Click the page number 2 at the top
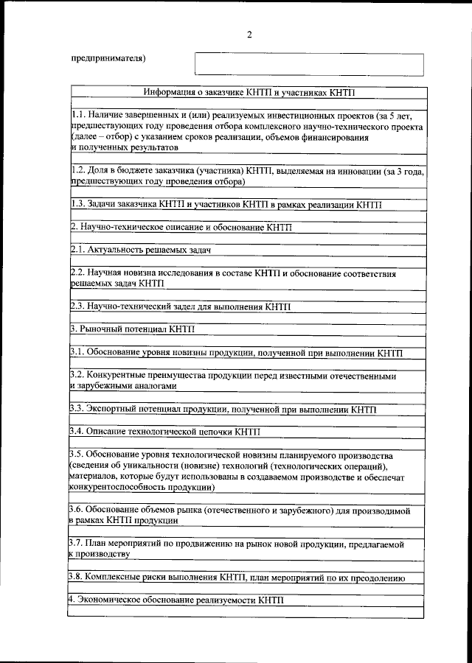tap(250, 35)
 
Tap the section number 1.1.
tap(78, 116)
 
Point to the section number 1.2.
tap(78, 170)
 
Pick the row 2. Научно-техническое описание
tap(181, 228)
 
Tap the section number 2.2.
tap(78, 273)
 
